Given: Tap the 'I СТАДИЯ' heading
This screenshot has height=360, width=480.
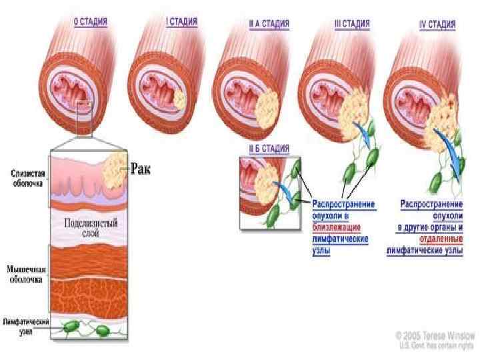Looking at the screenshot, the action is pos(181,21).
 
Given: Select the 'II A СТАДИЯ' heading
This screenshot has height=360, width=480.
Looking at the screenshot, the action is pos(269,23).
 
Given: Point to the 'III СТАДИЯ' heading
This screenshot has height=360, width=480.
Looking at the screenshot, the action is pos(351,23).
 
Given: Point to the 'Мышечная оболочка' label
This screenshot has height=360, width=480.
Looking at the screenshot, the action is pos(25,275).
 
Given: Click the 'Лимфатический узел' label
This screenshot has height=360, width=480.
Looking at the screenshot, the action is pos(25,325).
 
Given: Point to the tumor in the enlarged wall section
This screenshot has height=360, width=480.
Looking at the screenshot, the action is pos(113,169).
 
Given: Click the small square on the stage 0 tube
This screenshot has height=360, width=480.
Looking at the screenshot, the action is pos(85,106).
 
